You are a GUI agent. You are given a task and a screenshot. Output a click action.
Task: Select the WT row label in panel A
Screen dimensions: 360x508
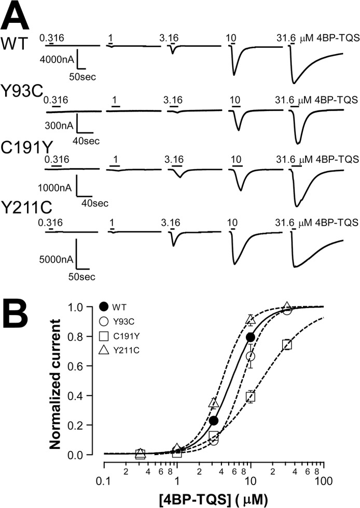coord(15,44)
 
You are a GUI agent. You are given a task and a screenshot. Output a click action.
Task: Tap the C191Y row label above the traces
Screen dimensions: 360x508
coord(26,148)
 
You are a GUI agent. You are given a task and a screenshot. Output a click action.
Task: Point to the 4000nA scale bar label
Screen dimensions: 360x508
coord(57,59)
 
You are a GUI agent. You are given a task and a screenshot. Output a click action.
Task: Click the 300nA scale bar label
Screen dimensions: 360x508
coord(59,126)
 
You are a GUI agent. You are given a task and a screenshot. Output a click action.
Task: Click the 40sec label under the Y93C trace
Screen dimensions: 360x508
coord(86,141)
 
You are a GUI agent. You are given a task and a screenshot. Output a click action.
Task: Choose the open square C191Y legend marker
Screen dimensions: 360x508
coord(104,336)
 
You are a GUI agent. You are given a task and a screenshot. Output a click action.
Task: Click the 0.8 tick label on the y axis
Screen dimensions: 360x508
coord(75,336)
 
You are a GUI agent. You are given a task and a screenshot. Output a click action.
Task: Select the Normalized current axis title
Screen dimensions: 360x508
coord(56,384)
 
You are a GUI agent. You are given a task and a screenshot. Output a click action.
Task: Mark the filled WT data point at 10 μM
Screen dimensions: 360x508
coord(250,338)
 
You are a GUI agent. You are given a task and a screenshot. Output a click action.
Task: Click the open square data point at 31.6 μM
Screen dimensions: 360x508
coord(287,345)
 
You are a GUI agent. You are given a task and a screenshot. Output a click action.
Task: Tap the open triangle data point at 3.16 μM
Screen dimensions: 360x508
coord(214,402)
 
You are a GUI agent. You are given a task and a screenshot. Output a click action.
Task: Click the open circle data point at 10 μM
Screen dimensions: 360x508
coord(250,356)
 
